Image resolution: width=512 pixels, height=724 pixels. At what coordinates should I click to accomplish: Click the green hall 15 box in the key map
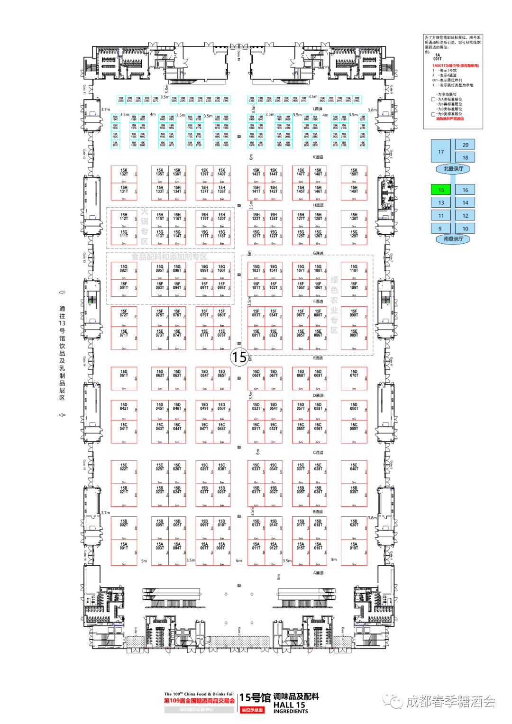(x=441, y=190)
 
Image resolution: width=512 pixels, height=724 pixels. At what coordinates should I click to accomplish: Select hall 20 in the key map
(x=465, y=145)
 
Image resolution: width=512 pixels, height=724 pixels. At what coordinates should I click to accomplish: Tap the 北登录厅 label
(x=453, y=169)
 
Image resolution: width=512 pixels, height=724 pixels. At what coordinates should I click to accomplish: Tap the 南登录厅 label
(x=453, y=239)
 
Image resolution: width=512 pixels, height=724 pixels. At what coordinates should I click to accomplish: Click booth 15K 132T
(x=124, y=173)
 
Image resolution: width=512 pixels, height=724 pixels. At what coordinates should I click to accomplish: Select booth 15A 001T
(x=124, y=546)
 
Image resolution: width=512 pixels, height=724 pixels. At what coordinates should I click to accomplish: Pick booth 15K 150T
(x=354, y=173)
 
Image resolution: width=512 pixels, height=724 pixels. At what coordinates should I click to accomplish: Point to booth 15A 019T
(x=354, y=546)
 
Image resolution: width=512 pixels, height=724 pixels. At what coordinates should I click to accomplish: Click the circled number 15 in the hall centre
(x=239, y=357)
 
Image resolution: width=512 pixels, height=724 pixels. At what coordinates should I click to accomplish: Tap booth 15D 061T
(x=124, y=374)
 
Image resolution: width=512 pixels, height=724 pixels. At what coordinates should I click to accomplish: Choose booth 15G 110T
(x=354, y=269)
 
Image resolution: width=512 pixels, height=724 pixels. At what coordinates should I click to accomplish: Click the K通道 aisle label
(x=318, y=157)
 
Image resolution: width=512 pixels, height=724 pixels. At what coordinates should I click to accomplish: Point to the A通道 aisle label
(x=318, y=573)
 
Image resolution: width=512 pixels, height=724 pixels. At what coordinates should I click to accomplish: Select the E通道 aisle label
(x=318, y=358)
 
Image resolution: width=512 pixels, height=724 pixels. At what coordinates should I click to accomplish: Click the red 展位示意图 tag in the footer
(x=252, y=710)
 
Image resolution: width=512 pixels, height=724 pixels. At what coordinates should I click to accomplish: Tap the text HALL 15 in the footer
(x=289, y=705)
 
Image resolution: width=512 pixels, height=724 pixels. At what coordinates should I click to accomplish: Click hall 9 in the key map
(x=440, y=229)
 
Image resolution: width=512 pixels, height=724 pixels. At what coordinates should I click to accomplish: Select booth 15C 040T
(x=354, y=467)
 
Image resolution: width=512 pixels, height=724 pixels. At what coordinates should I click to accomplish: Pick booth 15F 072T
(x=124, y=313)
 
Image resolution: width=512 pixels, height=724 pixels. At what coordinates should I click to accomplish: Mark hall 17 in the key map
(x=441, y=152)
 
